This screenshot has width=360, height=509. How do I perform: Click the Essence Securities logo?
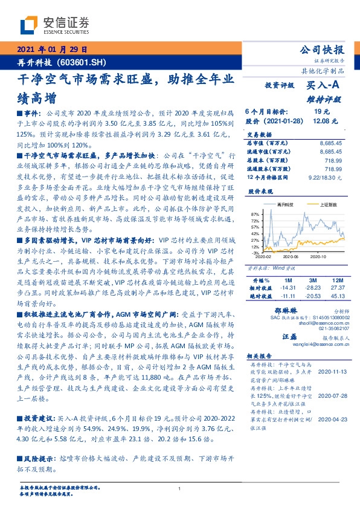54,25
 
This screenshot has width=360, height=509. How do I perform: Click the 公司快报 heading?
322,50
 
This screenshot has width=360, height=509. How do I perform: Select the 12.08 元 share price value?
320,121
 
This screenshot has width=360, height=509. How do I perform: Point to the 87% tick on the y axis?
254,214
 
